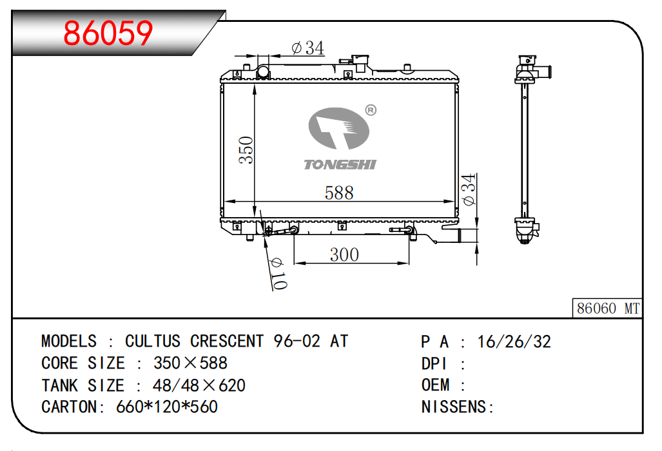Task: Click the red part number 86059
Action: pos(108,33)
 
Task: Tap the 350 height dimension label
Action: pos(246,150)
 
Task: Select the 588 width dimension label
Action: pos(339,193)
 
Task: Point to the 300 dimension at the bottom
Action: pos(344,254)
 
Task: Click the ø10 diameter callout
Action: pos(278,274)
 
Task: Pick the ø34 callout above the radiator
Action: pos(307,48)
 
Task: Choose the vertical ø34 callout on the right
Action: pos(469,189)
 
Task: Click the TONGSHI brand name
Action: pos(340,164)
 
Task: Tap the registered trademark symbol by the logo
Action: pos(370,111)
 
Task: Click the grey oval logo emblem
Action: pos(339,128)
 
